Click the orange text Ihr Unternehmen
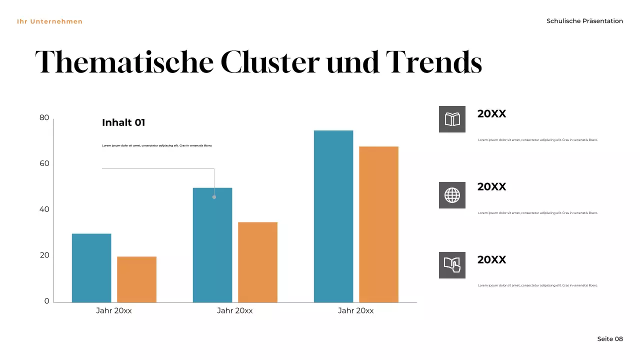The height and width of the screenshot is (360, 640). (49, 21)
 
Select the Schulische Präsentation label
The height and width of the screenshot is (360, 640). (584, 21)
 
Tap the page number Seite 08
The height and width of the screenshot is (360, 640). (610, 339)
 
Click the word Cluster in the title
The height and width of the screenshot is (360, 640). (269, 62)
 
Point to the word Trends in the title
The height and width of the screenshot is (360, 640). (433, 62)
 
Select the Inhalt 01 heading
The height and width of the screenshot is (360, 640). (123, 122)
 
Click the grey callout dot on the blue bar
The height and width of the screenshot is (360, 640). (214, 197)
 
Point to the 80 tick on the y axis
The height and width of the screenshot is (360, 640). (44, 118)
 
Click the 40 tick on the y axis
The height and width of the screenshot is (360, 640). (44, 209)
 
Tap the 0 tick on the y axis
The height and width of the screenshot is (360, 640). (47, 301)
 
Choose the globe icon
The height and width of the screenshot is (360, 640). (452, 195)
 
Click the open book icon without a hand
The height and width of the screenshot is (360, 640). (452, 119)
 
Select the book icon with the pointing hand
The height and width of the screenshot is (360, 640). (452, 265)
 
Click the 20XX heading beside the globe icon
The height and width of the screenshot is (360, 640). (491, 186)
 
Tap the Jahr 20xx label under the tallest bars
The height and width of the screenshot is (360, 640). (355, 310)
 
